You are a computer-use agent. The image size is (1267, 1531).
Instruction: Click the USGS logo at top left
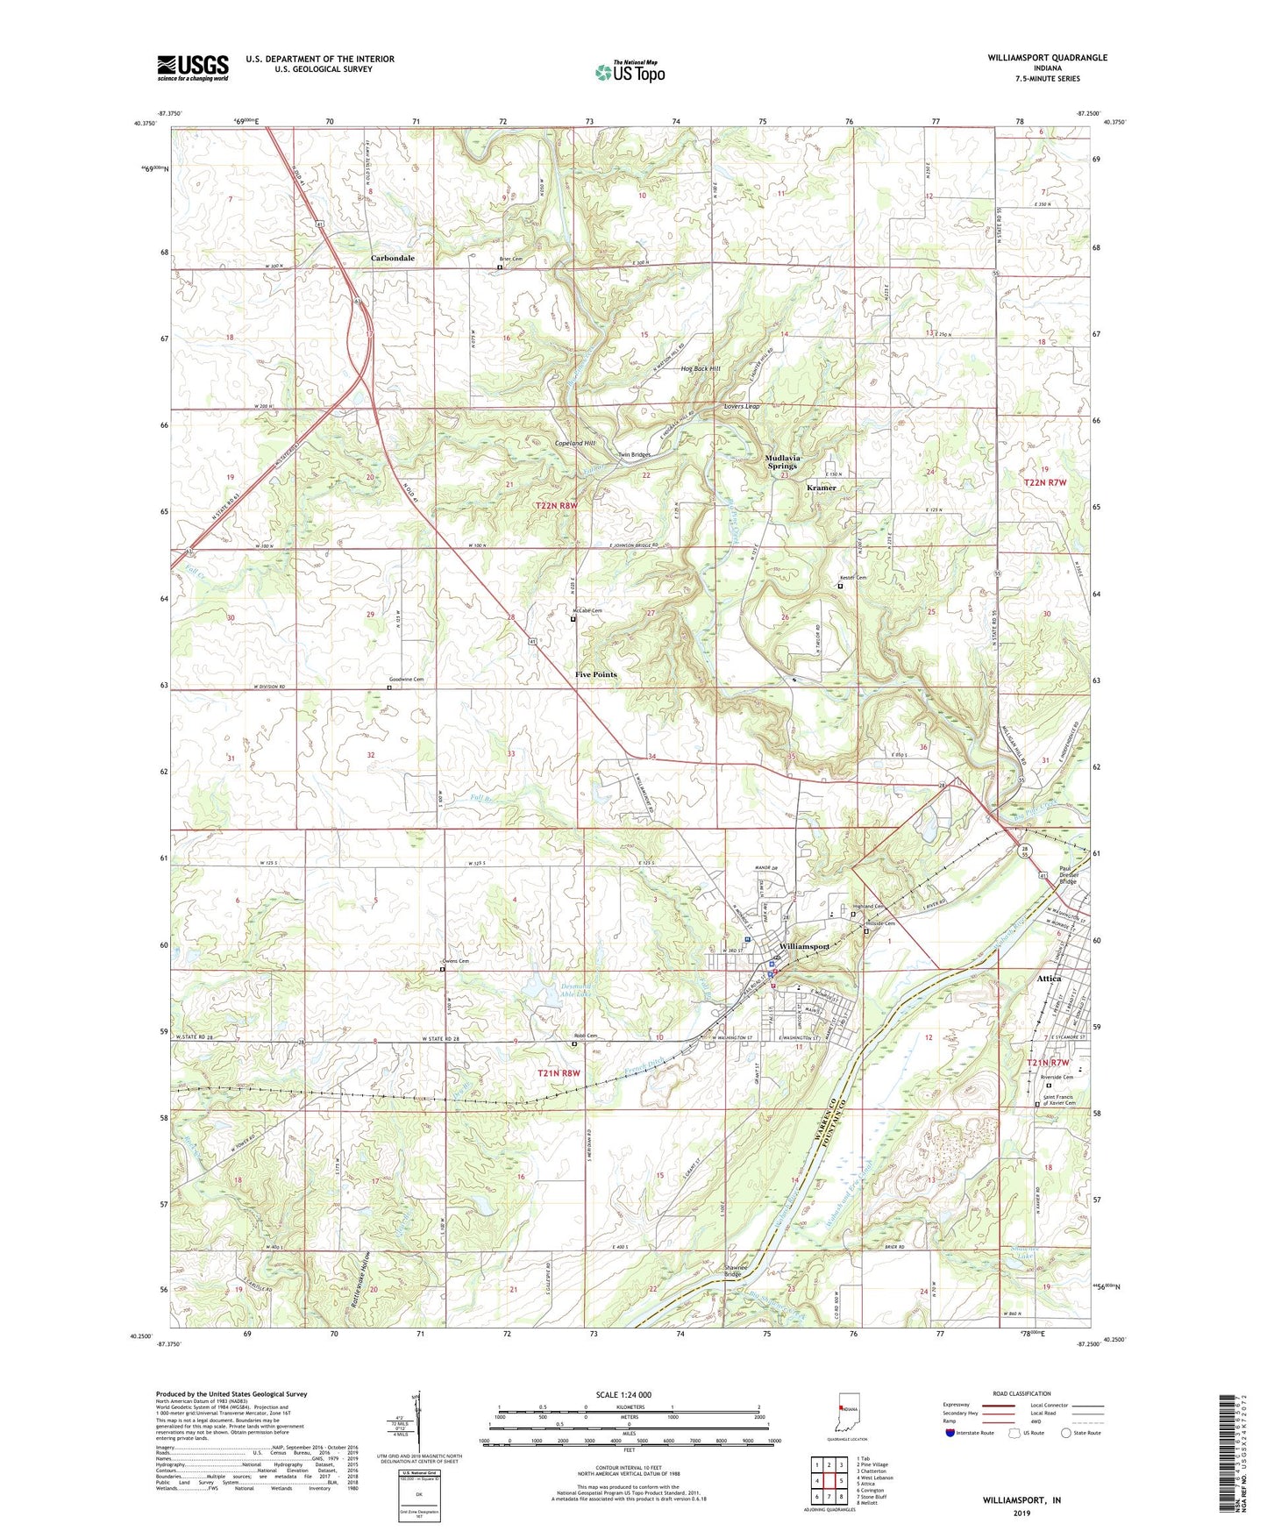click(x=193, y=68)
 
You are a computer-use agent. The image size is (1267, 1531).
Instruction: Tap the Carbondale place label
click(x=392, y=259)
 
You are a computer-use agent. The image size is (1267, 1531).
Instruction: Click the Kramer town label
click(x=822, y=488)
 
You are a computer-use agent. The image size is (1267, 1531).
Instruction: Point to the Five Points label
click(x=596, y=674)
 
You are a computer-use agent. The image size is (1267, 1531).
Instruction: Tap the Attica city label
click(x=1049, y=979)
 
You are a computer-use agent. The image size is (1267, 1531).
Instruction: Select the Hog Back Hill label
click(x=701, y=369)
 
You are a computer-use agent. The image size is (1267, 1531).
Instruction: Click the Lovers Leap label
click(x=742, y=407)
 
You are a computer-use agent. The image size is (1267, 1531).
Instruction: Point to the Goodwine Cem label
click(x=406, y=680)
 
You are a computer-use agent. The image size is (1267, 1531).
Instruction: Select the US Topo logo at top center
click(x=630, y=72)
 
